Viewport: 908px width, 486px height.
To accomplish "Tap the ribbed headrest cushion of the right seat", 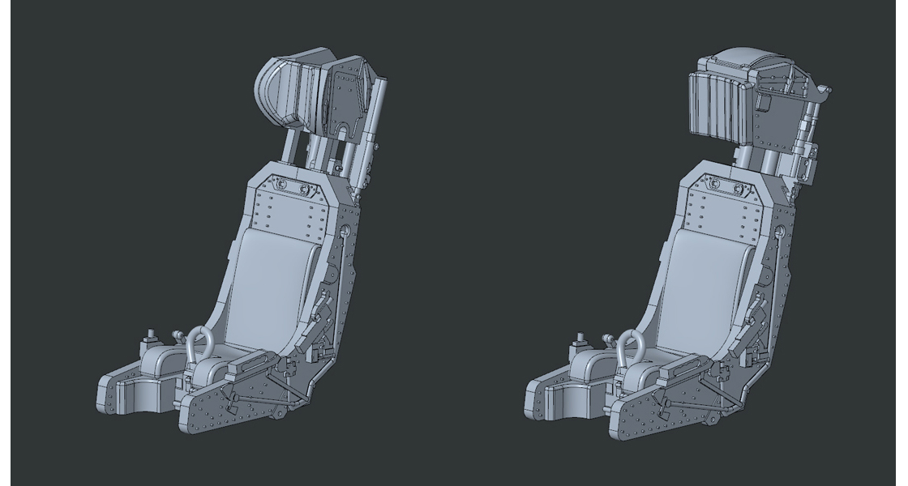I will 718,105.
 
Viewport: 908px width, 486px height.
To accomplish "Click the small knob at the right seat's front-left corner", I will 580,335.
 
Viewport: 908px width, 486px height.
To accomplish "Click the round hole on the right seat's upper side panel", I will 779,233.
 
